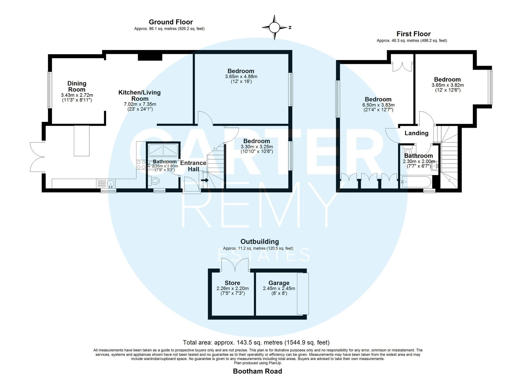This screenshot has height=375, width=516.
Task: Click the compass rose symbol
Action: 274,27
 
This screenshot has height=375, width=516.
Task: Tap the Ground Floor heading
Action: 171,22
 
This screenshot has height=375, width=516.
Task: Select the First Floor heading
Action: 413,34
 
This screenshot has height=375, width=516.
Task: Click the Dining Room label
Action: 77,86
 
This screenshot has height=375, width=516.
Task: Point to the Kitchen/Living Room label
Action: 140,95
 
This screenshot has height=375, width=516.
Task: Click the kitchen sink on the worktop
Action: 111,183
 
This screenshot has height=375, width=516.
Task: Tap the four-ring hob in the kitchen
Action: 141,164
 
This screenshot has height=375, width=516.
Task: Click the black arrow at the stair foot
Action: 205,180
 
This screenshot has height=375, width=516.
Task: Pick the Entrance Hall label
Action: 193,166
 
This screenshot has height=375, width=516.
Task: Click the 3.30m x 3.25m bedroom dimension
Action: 257,146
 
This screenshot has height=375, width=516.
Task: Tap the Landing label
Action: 416,133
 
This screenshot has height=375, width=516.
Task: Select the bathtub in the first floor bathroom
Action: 416,182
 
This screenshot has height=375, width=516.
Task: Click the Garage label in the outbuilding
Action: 279,283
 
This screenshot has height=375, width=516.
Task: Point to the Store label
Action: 233,283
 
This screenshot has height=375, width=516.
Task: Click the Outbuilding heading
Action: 260,242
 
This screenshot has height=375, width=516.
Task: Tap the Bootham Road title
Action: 258,371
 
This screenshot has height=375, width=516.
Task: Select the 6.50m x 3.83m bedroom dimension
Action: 378,105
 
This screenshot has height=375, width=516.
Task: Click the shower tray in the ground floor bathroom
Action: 163,150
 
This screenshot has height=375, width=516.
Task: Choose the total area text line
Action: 256,342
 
